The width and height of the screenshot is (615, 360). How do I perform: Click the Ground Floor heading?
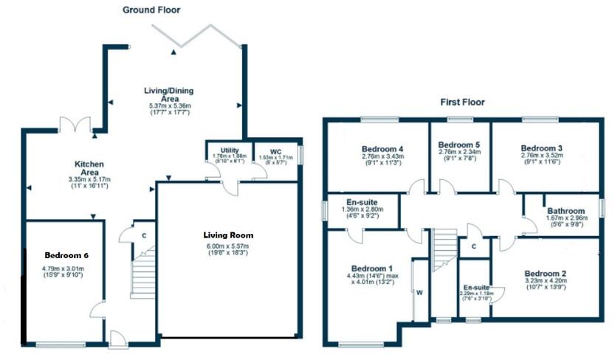point(151,10)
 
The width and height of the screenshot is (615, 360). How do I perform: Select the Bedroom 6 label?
point(65,255)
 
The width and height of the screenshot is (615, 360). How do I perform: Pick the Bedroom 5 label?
point(458,145)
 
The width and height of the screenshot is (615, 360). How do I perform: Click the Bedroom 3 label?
point(541,147)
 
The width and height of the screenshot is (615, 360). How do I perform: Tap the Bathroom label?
point(566,211)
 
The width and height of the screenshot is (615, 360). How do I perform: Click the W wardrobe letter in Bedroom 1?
point(419,293)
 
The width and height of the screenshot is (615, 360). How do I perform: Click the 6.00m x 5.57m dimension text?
point(227,246)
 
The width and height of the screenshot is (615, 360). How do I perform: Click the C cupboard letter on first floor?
point(473,247)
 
